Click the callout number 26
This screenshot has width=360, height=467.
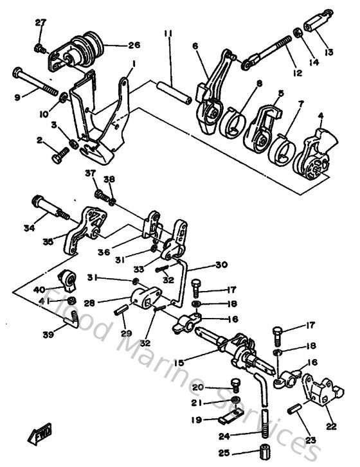click(x=134, y=46)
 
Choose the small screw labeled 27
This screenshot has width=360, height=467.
click(x=39, y=48)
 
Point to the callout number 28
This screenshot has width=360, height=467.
click(x=107, y=301)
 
